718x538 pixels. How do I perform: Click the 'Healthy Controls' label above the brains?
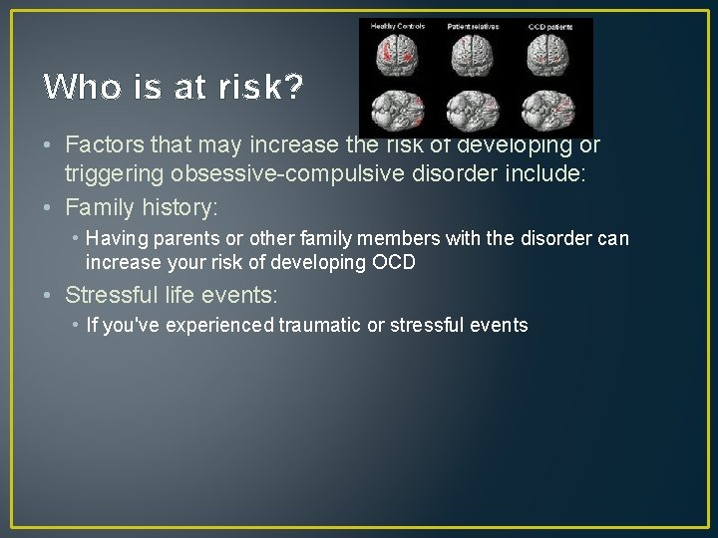(398, 26)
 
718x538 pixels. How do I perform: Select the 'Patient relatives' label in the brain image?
(474, 26)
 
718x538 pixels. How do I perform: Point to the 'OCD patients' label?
(552, 26)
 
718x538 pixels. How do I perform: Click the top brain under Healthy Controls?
(398, 57)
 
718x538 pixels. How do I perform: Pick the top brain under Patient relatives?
(475, 57)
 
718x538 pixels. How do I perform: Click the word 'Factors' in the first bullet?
(101, 145)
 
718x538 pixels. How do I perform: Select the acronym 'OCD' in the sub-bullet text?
(395, 263)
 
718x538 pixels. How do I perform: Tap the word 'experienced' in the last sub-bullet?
(223, 325)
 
